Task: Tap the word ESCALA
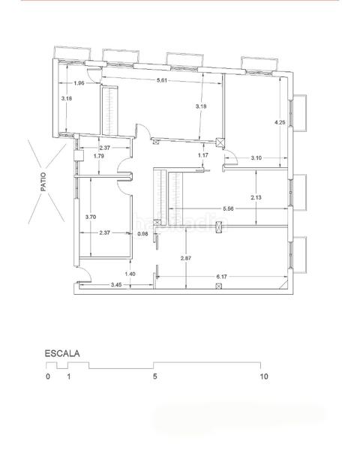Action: coord(62,352)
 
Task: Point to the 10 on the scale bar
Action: coord(263,376)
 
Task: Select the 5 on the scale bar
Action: coord(154,376)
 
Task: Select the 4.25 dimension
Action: coord(279,121)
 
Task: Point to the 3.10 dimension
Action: coord(256,157)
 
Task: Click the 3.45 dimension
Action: coord(117,285)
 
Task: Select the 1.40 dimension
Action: coord(130,274)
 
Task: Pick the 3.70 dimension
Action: coord(90,217)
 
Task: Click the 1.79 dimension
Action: coord(98,156)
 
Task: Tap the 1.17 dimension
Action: coord(202,155)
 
